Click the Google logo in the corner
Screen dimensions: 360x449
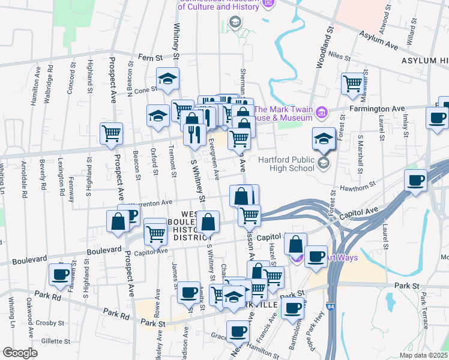pyautogui.click(x=20, y=353)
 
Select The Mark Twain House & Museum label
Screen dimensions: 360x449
pyautogui.click(x=285, y=113)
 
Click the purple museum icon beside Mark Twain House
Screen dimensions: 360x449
pyautogui.click(x=322, y=112)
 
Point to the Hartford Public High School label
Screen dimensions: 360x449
pyautogui.click(x=286, y=164)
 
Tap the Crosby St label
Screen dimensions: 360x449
pyautogui.click(x=46, y=323)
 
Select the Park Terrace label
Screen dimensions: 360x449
pyautogui.click(x=424, y=310)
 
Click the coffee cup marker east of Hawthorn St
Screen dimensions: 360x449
pyautogui.click(x=416, y=181)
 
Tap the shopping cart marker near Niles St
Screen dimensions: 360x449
pyautogui.click(x=352, y=83)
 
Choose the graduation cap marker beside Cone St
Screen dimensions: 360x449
pyautogui.click(x=168, y=78)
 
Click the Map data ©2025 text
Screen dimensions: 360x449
pyautogui.click(x=423, y=355)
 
